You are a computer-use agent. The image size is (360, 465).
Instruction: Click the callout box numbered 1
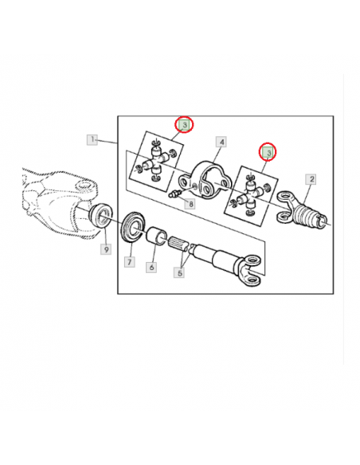92,140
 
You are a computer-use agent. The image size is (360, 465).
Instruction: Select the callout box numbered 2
311,179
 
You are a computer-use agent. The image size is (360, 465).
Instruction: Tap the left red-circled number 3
184,125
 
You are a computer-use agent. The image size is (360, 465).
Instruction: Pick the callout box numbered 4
222,143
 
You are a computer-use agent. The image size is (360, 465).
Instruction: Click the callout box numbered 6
151,266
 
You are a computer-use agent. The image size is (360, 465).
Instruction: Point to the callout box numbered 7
127,261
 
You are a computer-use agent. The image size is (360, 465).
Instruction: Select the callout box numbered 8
190,205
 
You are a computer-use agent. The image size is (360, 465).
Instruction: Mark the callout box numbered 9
105,249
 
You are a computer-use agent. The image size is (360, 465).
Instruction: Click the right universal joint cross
252,192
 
